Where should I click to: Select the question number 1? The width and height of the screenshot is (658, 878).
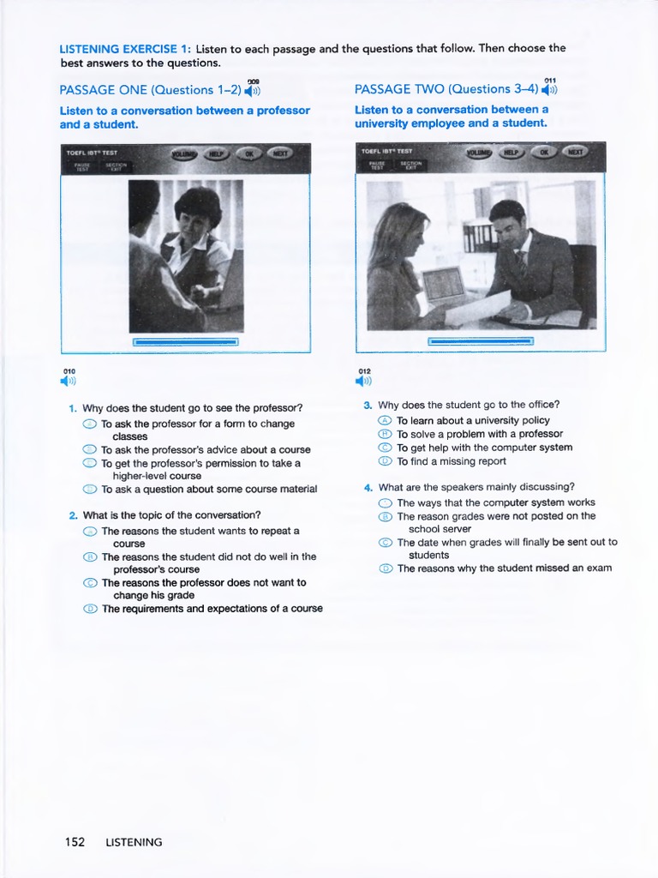coord(73,408)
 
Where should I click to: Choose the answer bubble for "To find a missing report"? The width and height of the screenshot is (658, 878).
coord(385,461)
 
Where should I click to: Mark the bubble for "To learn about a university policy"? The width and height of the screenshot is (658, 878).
coord(385,421)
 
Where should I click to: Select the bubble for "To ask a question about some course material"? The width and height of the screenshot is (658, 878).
coord(89,490)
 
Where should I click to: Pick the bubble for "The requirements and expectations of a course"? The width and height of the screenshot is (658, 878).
coord(89,609)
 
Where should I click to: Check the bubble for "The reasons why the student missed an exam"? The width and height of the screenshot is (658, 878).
coord(385,568)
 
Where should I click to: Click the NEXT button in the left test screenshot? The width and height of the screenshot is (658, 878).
coord(278,153)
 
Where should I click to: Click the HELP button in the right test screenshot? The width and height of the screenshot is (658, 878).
coord(511,153)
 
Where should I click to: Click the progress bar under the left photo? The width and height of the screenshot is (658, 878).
coord(185,342)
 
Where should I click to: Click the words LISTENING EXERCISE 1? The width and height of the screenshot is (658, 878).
coord(124,49)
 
